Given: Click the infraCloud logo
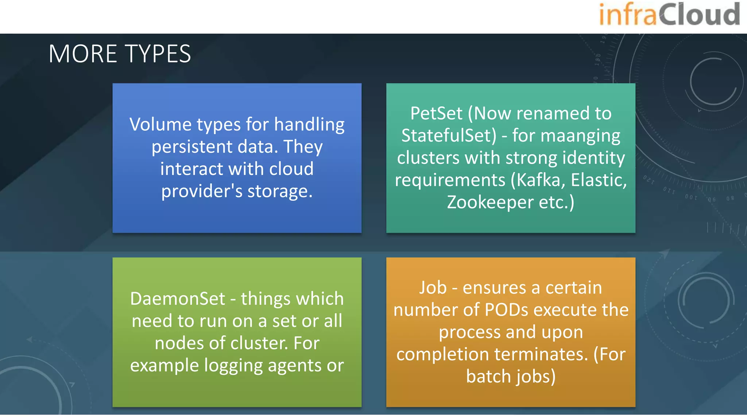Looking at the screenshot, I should pos(669,15).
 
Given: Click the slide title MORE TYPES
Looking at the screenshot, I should pos(120,54).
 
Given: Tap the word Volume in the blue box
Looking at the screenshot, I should pos(160,125).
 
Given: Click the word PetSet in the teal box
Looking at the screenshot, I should pos(436,113).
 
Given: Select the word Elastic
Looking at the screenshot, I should pos(598,180).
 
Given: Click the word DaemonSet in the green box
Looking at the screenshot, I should pos(178,299).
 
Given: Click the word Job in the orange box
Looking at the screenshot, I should pos(433,288).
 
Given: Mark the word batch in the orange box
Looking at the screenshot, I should pos(487,377).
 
